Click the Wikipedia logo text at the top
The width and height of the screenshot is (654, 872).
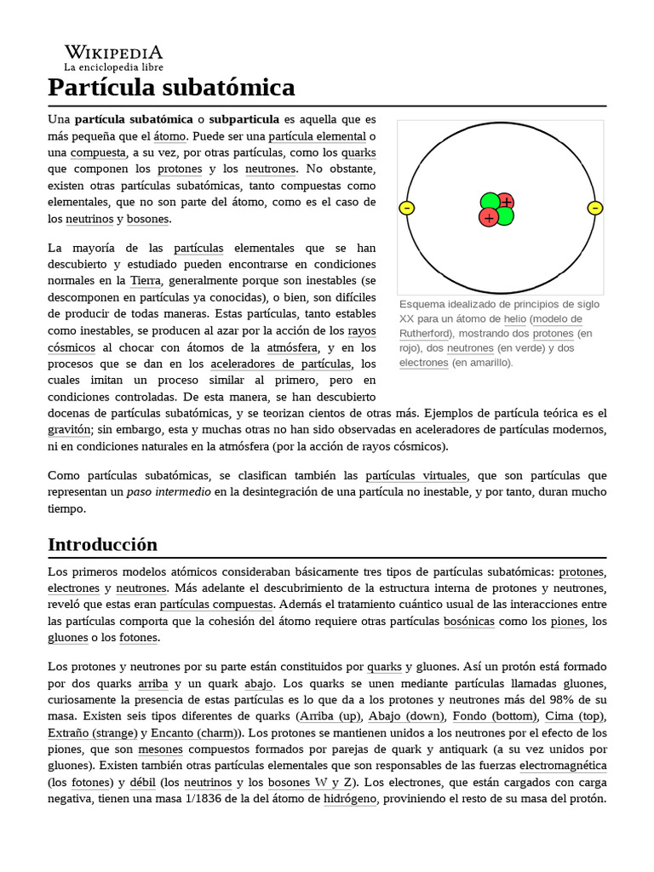(x=113, y=52)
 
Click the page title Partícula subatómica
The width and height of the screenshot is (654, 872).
(x=171, y=87)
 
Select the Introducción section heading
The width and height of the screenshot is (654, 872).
(x=102, y=544)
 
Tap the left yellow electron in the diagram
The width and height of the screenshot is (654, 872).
(x=406, y=208)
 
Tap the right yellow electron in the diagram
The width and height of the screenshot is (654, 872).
(x=595, y=208)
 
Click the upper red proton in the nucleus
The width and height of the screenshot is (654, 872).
(x=506, y=202)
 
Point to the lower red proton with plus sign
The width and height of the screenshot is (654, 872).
(x=488, y=218)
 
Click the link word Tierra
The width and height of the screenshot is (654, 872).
(x=145, y=280)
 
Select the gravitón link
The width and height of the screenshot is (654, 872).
(x=69, y=429)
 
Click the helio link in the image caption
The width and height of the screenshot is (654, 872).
(x=514, y=318)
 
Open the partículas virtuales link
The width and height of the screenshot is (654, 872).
(x=416, y=475)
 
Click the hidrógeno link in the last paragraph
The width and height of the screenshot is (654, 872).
(x=349, y=799)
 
